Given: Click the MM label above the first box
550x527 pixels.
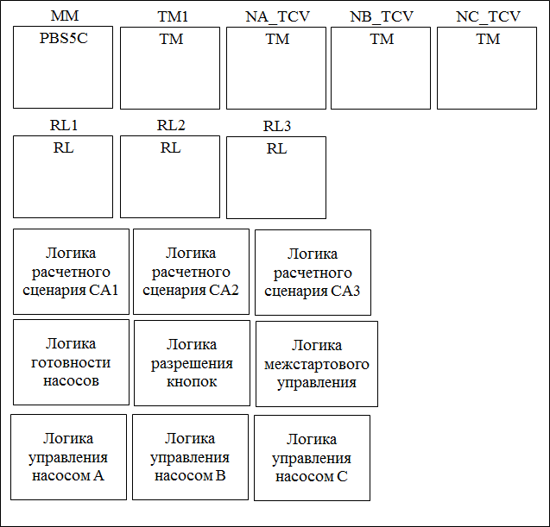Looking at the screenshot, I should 63,16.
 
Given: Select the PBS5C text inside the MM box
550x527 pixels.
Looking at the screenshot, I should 63,39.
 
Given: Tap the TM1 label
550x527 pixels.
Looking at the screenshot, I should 171,16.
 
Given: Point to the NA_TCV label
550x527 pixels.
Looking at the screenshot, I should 276,16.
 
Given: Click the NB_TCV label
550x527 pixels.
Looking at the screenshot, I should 382,16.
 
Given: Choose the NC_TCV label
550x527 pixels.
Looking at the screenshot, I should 488,16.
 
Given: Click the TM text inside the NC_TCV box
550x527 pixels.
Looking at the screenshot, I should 488,39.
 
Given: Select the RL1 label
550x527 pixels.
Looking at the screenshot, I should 63,125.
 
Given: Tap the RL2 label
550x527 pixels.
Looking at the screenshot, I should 171,125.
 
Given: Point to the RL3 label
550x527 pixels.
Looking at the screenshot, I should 276,127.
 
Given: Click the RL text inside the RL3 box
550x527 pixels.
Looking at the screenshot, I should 276,148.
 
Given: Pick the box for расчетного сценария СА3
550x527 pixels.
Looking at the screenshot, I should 313,273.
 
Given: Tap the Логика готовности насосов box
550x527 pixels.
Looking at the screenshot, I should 71,362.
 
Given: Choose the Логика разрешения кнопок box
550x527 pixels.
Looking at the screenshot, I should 191,362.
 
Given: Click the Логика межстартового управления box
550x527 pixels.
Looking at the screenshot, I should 317,364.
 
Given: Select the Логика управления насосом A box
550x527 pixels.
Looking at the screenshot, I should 68,456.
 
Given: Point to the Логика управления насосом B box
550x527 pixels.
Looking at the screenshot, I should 190,456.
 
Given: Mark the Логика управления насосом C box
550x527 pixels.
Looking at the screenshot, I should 312,458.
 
